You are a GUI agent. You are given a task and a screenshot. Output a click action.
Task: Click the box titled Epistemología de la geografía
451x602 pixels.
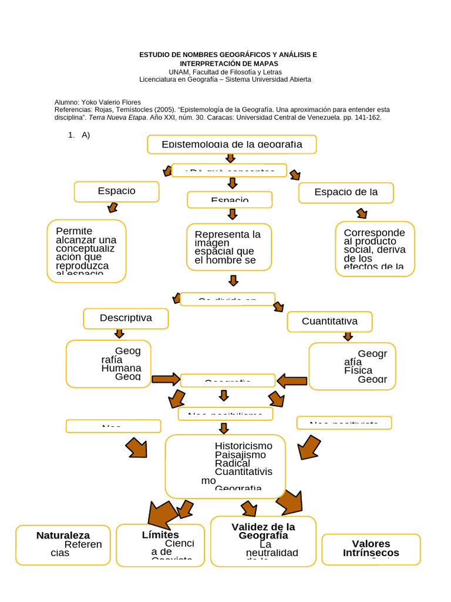tap(232, 144)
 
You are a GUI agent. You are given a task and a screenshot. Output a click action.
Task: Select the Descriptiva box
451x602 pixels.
tap(126, 318)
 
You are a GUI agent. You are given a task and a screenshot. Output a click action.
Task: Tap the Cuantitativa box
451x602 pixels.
tap(329, 322)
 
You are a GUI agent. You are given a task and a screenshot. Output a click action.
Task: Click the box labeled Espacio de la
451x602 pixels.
tap(346, 192)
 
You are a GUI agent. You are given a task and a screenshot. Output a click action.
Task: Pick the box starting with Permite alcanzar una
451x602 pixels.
tap(86, 251)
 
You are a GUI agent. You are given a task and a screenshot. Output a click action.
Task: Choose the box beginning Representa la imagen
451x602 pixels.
tap(229, 247)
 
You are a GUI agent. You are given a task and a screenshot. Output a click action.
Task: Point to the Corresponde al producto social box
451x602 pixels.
tap(375, 249)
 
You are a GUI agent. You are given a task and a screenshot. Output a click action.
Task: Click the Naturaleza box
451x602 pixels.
tap(63, 545)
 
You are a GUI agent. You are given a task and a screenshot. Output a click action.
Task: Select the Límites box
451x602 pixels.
tap(160, 545)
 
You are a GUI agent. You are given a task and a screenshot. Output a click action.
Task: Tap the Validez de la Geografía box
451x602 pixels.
tap(263, 541)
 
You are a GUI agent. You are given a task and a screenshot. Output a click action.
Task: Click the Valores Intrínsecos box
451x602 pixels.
tap(371, 549)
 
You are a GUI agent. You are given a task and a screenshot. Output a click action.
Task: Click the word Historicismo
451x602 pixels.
tap(243, 446)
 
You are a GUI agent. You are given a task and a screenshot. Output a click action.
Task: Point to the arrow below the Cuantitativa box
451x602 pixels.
tap(348, 336)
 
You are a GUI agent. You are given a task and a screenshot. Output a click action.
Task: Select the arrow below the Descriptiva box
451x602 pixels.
tap(119, 333)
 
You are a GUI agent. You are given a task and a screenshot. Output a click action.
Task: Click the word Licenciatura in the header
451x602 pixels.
tap(161, 79)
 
